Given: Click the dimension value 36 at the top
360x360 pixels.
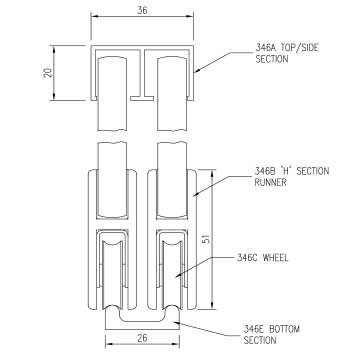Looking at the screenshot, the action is [x=142, y=10].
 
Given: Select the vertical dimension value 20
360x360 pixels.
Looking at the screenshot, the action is [x=49, y=72].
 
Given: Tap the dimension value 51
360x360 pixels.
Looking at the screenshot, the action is [x=207, y=238].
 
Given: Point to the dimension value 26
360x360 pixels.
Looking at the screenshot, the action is [x=142, y=338].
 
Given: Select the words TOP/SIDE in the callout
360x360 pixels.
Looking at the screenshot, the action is [x=300, y=47].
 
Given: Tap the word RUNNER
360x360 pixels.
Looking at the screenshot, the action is [x=271, y=182].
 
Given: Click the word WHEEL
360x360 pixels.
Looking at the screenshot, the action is [x=275, y=258].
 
